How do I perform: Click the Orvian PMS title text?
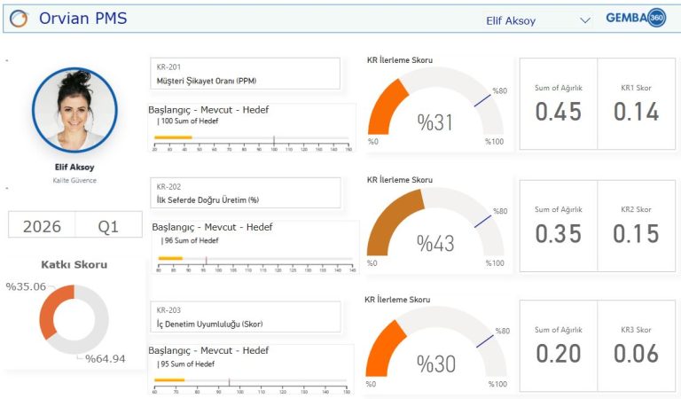pyautogui.click(x=82, y=19)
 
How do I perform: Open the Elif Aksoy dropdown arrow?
pyautogui.click(x=584, y=20)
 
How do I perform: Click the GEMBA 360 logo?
pyautogui.click(x=636, y=19)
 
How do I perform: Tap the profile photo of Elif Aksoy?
pyautogui.click(x=74, y=110)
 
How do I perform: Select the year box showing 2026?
pyautogui.click(x=42, y=226)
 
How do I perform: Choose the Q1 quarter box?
pyautogui.click(x=108, y=226)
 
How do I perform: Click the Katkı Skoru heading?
pyautogui.click(x=74, y=264)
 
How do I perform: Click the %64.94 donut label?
pyautogui.click(x=106, y=358)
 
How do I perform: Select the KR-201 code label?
pyautogui.click(x=168, y=67)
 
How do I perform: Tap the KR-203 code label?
pyautogui.click(x=168, y=310)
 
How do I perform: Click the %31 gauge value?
pyautogui.click(x=434, y=122)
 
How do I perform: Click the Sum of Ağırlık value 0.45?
pyautogui.click(x=558, y=112)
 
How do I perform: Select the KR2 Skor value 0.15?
pyautogui.click(x=636, y=233)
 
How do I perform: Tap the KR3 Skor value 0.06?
pyautogui.click(x=636, y=354)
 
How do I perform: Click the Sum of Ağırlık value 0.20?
pyautogui.click(x=558, y=354)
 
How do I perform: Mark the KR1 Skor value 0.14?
pyautogui.click(x=636, y=112)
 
